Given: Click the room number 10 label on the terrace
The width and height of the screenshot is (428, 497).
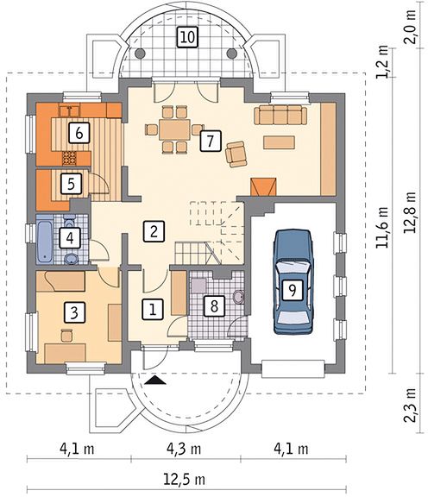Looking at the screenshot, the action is [188, 37].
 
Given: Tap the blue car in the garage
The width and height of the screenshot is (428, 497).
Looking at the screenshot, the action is [293, 282].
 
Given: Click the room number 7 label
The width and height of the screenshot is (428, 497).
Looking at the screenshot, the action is [211, 140].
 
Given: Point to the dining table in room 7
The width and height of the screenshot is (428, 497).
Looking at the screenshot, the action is [174, 129].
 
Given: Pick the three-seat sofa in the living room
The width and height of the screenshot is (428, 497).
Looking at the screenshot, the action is [280, 115].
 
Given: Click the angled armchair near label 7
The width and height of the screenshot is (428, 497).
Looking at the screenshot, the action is [236, 154].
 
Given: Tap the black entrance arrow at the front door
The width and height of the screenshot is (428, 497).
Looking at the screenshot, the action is [154, 380].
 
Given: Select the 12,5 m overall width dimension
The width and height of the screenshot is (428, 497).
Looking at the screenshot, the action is [184, 479].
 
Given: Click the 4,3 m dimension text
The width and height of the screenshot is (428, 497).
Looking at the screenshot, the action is [184, 449].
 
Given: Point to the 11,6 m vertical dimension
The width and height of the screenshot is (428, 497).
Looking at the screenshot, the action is [381, 227].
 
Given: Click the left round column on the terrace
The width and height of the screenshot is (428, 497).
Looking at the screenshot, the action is [140, 53].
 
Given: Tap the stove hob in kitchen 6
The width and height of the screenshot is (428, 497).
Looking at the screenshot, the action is [70, 158].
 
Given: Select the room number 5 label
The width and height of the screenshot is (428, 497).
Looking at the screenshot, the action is [72, 183].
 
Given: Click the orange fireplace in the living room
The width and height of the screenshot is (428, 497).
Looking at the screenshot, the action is [263, 186].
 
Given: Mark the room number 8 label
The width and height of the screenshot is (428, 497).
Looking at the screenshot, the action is [214, 306].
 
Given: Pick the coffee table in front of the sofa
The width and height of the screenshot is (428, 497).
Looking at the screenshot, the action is [280, 142].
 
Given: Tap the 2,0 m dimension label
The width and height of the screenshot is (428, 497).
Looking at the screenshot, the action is [410, 28].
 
